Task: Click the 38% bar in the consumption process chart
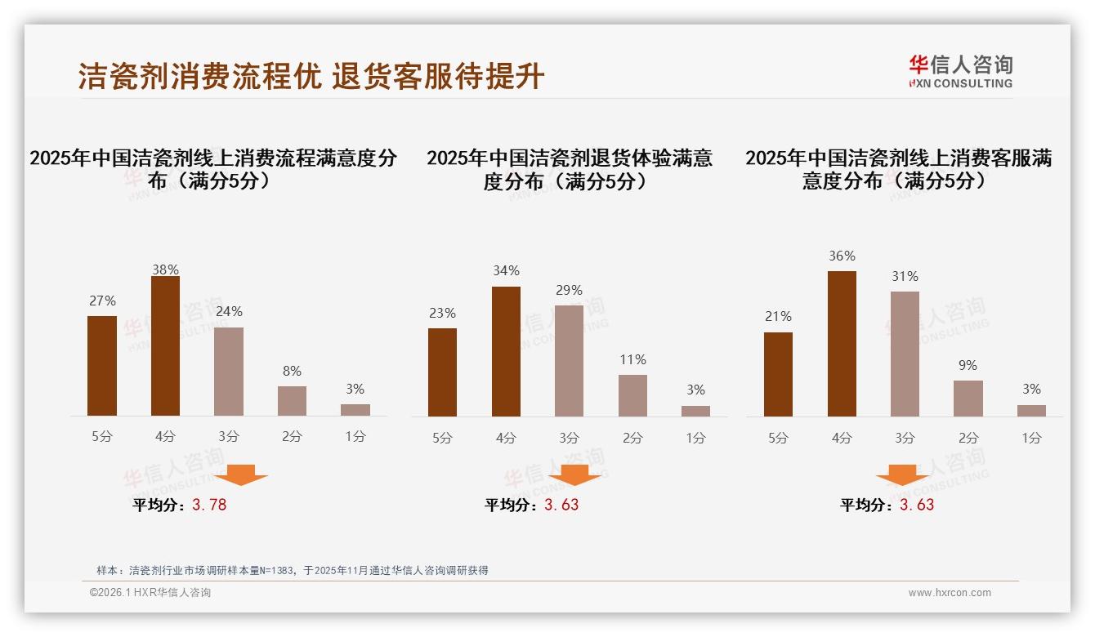[x=165, y=346]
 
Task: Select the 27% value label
[x=102, y=301]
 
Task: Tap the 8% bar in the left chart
[x=292, y=401]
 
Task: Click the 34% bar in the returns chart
[x=506, y=351]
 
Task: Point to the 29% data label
[x=569, y=290]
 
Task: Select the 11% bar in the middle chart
[x=632, y=395]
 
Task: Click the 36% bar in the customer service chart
[x=842, y=344]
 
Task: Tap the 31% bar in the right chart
[x=905, y=354]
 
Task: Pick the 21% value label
[x=778, y=316]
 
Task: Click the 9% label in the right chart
[x=968, y=365]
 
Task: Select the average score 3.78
[x=209, y=505]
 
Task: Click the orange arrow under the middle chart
[x=575, y=475]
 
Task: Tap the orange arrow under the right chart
[x=902, y=475]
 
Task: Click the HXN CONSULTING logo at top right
[x=960, y=72]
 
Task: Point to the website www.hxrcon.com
[x=949, y=593]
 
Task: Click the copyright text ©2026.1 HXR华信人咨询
[x=150, y=593]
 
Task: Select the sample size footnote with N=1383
[x=292, y=570]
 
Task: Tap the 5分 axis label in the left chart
[x=102, y=437]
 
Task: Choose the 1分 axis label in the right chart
[x=1031, y=438]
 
